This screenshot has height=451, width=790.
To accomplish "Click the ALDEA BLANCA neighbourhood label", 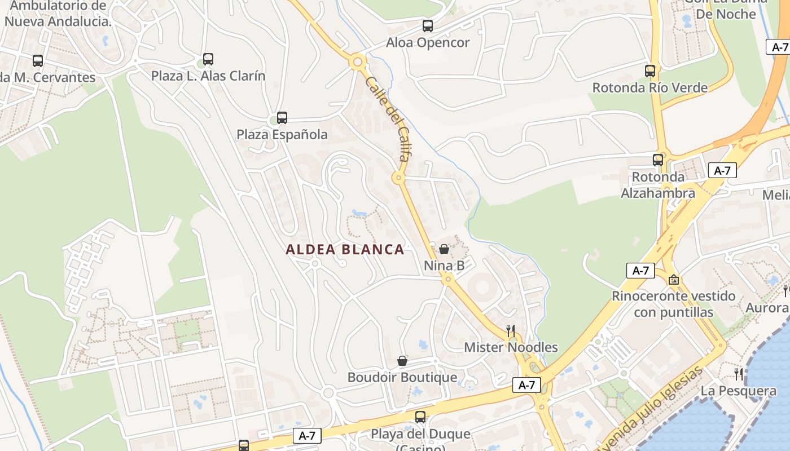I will (x=345, y=249).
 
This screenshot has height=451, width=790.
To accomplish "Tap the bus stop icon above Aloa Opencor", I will (x=428, y=26).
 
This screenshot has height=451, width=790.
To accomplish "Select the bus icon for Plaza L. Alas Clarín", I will (x=208, y=59).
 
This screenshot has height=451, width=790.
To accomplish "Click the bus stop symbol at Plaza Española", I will (x=282, y=118).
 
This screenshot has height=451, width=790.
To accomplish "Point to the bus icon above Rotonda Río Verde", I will (x=650, y=71).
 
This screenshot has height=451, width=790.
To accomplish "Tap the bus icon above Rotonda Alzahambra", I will (x=658, y=160).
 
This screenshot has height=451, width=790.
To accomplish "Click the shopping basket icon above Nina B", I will (x=444, y=249).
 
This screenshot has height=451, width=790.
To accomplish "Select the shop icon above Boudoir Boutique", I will (x=402, y=361).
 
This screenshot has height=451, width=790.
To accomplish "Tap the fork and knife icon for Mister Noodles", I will (x=511, y=330).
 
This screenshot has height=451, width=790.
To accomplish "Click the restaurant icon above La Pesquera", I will (x=739, y=374).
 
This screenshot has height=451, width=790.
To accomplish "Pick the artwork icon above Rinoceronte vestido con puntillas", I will (x=674, y=280).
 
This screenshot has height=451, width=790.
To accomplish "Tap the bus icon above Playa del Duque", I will (x=420, y=417).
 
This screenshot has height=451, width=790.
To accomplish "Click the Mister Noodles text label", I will (x=511, y=347).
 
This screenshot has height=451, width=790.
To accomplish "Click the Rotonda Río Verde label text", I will (x=649, y=88).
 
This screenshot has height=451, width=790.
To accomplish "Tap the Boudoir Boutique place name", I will (x=402, y=377).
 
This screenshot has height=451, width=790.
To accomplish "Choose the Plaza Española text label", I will (x=282, y=135).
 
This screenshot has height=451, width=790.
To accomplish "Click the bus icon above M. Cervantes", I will (x=38, y=61).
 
